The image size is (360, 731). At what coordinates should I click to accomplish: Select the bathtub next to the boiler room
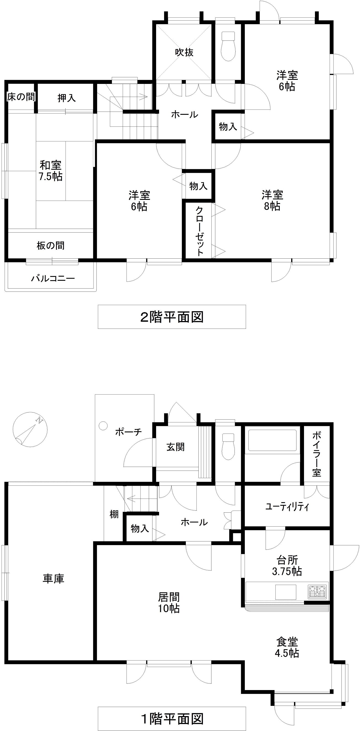[x=272, y=440]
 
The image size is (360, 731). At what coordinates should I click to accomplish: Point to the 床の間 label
[x=21, y=97]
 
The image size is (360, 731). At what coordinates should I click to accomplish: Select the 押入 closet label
[x=67, y=98]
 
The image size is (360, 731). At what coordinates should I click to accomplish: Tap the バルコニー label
[x=53, y=278]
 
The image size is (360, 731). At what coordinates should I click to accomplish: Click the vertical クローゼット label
[x=200, y=231]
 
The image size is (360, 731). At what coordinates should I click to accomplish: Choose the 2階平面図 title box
[x=172, y=317]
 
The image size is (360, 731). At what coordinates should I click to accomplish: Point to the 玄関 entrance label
[x=175, y=447]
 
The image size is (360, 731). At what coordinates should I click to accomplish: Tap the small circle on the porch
[x=103, y=426]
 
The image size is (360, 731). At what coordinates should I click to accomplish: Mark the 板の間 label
[x=51, y=246]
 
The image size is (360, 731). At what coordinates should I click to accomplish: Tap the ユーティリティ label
[x=287, y=506]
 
